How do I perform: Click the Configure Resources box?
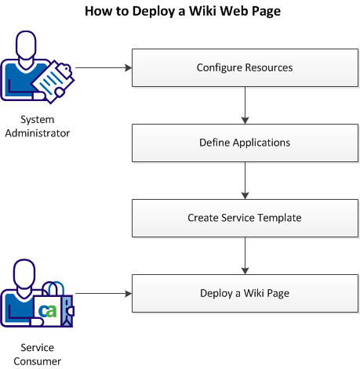tap(245, 67)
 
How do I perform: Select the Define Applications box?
tap(245, 143)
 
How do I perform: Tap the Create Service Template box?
tap(245, 218)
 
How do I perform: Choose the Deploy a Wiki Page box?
tap(245, 293)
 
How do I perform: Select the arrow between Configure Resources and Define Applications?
tap(246, 105)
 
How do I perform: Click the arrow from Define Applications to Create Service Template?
tap(246, 180)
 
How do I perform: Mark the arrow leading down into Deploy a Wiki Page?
tap(246, 255)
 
